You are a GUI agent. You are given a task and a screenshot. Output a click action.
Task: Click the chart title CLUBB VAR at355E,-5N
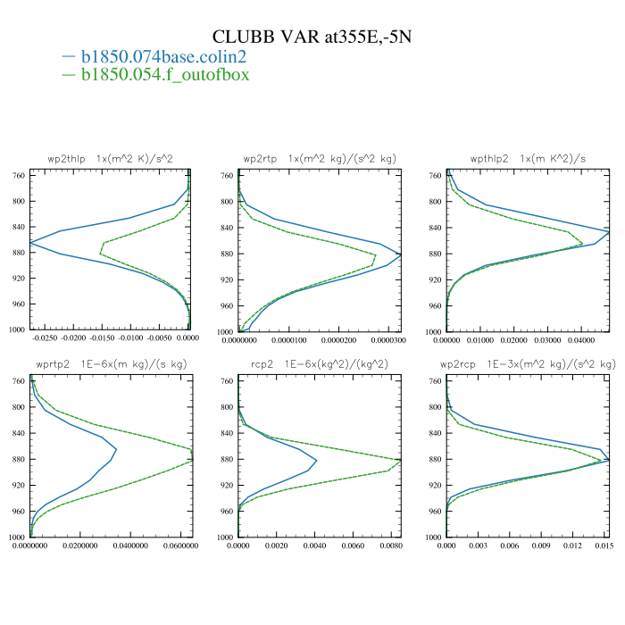(x=312, y=37)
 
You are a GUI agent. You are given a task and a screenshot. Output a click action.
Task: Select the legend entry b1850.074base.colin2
(x=163, y=56)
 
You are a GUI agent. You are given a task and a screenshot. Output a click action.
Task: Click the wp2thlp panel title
(x=110, y=158)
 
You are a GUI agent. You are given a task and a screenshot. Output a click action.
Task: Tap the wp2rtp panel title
(x=320, y=158)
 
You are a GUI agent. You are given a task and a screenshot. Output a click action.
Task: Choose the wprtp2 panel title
(x=110, y=365)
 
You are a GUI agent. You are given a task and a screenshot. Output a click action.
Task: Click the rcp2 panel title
(x=320, y=365)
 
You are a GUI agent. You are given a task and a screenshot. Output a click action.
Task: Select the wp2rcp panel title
(x=528, y=365)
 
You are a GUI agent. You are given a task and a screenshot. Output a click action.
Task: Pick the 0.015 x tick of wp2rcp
(x=605, y=546)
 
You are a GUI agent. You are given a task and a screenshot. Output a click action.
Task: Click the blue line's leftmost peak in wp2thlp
(x=30, y=242)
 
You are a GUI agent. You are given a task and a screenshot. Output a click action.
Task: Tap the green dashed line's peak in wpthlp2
(x=583, y=243)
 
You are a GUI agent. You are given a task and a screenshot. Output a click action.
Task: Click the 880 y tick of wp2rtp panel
(x=227, y=254)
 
